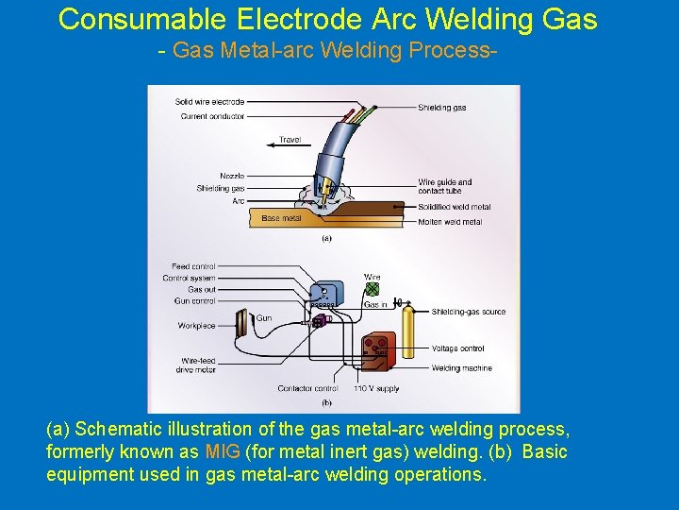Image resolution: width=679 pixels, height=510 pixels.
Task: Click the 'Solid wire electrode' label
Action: coord(209,102)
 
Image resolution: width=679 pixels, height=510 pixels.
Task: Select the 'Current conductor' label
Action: coord(212,116)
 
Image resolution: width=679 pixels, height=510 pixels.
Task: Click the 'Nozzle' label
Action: coord(232,176)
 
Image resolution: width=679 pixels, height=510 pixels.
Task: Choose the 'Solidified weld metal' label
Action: coord(455,207)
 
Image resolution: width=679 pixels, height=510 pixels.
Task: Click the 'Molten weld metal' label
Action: coord(450,222)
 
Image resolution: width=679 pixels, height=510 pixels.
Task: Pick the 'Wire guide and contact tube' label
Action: coord(445,186)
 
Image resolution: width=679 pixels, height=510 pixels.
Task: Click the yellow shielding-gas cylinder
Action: coord(408,331)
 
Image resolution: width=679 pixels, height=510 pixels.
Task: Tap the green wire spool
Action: coord(373,289)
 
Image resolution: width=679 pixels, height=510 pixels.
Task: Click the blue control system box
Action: coord(325,297)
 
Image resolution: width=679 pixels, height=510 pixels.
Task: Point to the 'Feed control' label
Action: coord(193,266)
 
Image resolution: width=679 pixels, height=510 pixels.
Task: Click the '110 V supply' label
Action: coord(374,388)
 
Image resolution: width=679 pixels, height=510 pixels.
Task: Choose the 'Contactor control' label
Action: coord(307,388)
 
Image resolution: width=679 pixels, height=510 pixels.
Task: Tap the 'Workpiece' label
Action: coord(196,326)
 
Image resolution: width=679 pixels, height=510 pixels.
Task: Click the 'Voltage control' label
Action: coord(457,348)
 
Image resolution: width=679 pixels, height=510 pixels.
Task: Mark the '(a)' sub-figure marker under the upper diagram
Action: coord(326,238)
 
